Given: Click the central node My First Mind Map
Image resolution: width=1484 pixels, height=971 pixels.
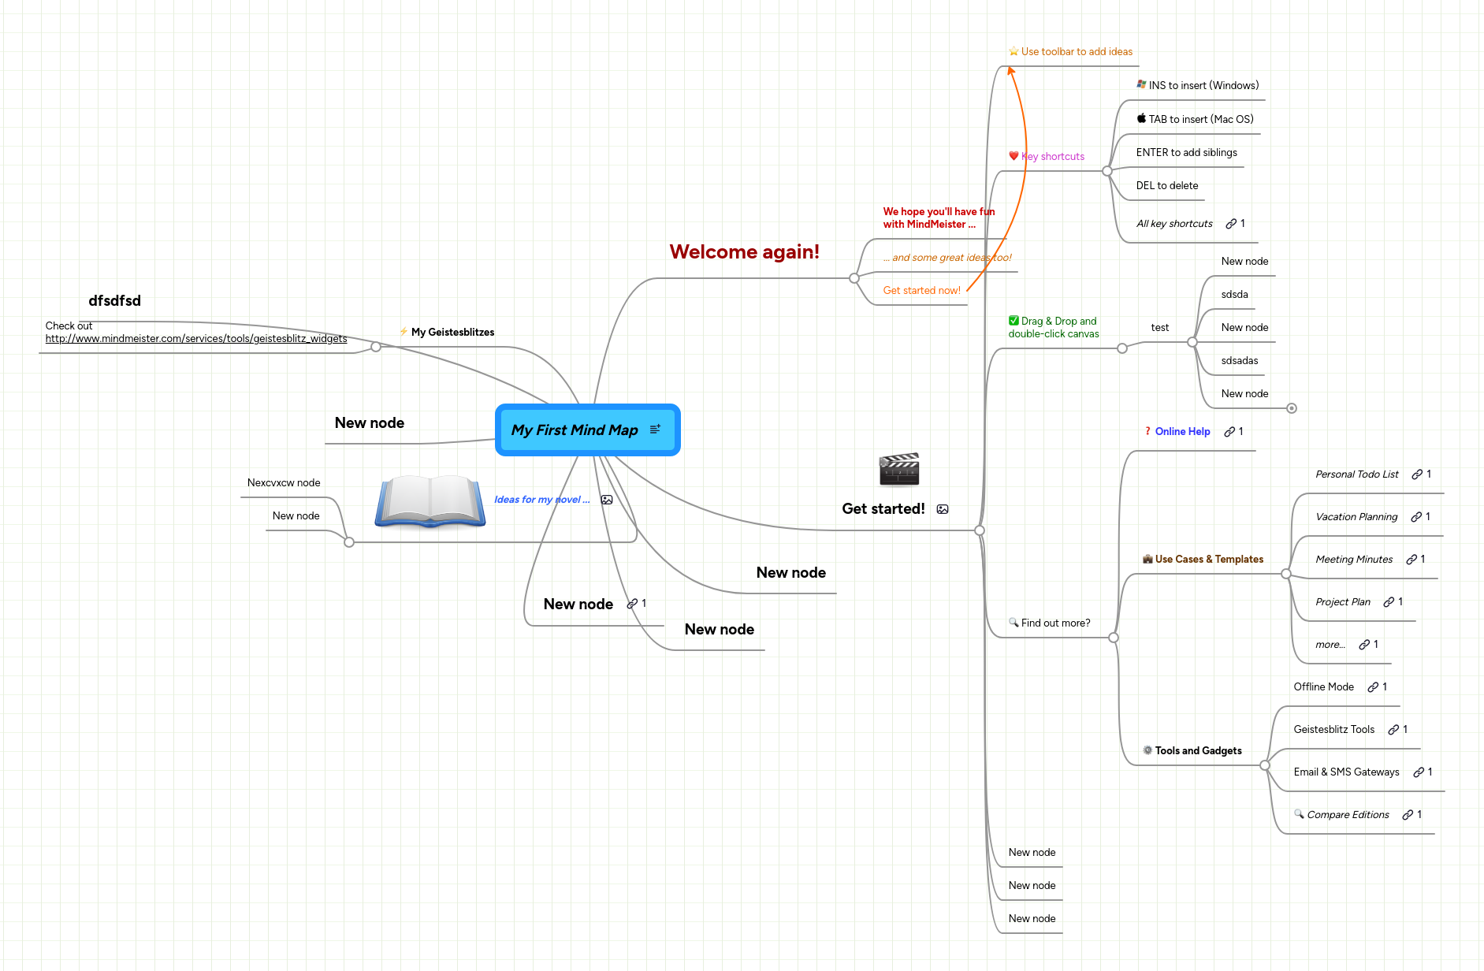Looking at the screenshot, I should click(x=574, y=430).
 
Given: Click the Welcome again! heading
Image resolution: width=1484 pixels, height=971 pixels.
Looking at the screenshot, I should click(x=744, y=252).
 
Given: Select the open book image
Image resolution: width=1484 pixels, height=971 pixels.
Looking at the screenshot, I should click(x=430, y=500).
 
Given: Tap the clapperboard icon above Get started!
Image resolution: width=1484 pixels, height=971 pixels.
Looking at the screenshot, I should click(x=899, y=470).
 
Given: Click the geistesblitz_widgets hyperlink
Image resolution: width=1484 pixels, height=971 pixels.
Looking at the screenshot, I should click(x=195, y=339).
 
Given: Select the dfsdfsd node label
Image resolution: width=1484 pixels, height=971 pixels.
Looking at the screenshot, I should click(x=114, y=301).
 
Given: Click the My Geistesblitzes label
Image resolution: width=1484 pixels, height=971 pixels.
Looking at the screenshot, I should click(x=452, y=333).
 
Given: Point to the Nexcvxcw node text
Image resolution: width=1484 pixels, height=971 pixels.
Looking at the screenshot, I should click(x=284, y=483).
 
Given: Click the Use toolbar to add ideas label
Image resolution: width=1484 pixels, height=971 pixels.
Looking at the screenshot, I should click(x=1077, y=52).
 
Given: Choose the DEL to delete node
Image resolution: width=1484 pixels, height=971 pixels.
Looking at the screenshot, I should click(x=1166, y=186).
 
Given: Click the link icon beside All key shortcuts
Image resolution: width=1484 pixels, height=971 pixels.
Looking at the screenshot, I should click(x=1230, y=224).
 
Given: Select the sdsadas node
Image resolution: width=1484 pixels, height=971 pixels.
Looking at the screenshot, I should click(x=1239, y=361).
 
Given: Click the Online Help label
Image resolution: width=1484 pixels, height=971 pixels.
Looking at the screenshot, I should click(x=1182, y=432).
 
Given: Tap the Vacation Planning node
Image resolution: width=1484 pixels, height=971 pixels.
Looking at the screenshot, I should click(x=1356, y=517).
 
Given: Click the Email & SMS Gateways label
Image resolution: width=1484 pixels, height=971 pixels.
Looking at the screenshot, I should click(x=1346, y=772).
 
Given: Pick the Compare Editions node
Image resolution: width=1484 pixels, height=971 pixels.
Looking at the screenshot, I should click(x=1348, y=815).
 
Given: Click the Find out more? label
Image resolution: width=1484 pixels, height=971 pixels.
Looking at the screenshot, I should click(x=1055, y=623).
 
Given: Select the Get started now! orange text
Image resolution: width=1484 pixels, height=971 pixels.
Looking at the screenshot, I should click(x=921, y=291).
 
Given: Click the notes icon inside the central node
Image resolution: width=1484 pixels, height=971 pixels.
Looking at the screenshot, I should click(x=655, y=430).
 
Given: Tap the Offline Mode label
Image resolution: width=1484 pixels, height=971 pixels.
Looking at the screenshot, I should click(x=1323, y=687).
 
